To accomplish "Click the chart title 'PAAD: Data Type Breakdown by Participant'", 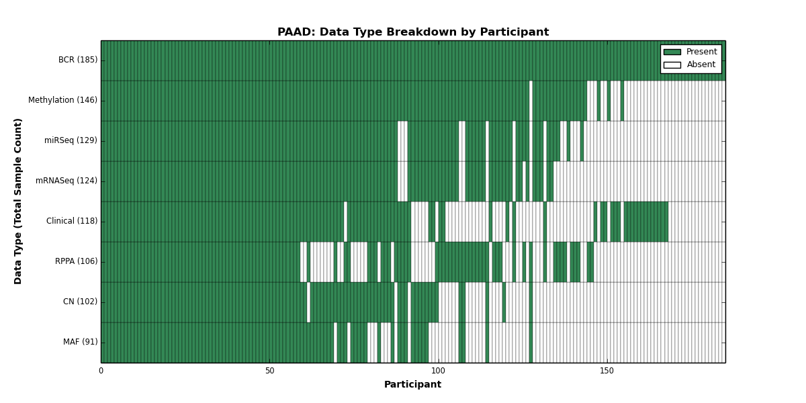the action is (413, 32).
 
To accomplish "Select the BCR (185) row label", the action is (78, 60).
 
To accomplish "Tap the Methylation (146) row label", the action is (63, 100).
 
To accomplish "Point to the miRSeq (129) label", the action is (71, 140).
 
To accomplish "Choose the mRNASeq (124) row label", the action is (66, 181).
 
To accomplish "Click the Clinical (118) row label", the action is (72, 221).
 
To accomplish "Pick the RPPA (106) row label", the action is (77, 261).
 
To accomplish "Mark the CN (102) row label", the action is (80, 302).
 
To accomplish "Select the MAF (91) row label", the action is (81, 342).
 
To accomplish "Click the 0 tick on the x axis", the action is (101, 371).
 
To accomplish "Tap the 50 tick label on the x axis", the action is (269, 371).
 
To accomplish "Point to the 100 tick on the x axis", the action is (438, 371).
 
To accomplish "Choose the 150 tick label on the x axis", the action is (607, 371).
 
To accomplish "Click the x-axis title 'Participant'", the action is (412, 384).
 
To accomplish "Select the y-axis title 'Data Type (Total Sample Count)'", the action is (17, 201).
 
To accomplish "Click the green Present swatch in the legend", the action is (672, 52).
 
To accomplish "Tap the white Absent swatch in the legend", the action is (672, 65).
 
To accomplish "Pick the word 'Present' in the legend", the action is (702, 52).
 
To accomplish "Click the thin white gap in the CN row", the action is (308, 302).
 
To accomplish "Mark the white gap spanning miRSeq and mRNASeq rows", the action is (402, 161).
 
